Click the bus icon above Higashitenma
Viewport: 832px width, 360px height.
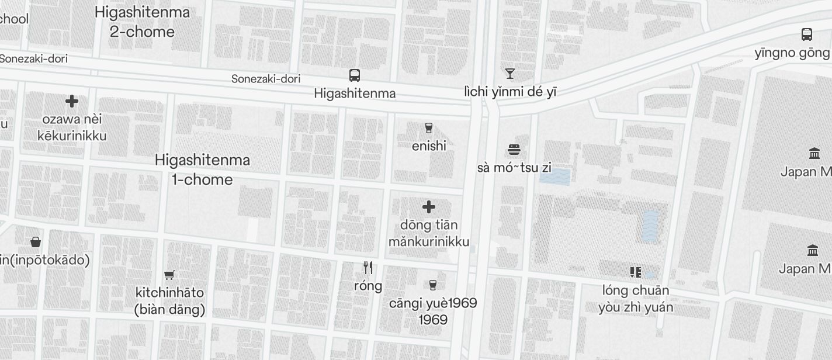coord(355,75)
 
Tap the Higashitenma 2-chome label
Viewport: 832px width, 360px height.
coord(142,22)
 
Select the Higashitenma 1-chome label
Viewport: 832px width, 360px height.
coord(202,169)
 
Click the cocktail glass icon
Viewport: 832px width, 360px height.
coord(510,74)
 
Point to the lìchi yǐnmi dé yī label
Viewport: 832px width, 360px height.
coord(510,92)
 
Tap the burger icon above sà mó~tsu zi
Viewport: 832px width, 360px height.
coord(514,150)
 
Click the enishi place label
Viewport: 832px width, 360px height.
coord(429,146)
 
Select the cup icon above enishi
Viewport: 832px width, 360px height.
coord(429,128)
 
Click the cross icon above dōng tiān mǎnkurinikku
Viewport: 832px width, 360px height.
coord(429,207)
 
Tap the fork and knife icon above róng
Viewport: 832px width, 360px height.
coord(368,268)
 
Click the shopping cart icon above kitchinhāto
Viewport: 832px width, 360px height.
coord(169,275)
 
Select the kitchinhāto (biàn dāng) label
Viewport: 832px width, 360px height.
coord(169,300)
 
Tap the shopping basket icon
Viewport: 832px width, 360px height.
coord(36,242)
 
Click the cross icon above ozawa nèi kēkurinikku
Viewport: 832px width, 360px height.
coord(72,102)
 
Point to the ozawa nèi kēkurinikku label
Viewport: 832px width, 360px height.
coord(72,127)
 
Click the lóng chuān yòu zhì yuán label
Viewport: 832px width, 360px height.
coord(636,298)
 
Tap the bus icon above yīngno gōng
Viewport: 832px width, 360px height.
coord(807,34)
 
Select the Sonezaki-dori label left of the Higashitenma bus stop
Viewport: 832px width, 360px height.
coord(266,78)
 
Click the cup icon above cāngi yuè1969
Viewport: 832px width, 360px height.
coord(433,285)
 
